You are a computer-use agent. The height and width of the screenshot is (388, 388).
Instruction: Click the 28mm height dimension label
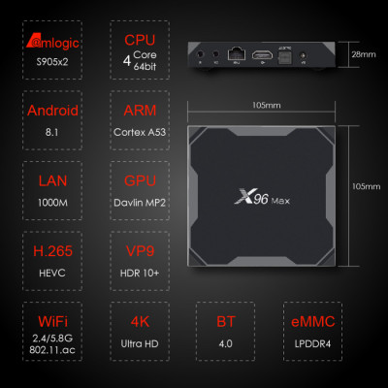(364, 54)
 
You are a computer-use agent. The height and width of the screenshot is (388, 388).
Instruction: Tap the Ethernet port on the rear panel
(236, 57)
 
